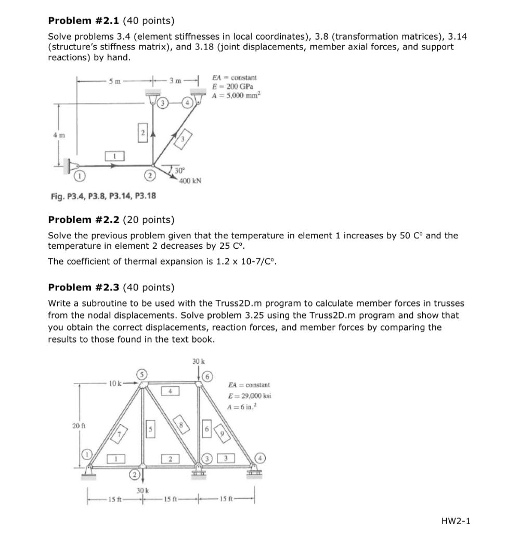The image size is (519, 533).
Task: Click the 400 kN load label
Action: (190, 181)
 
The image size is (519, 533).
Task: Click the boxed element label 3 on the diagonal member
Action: (185, 138)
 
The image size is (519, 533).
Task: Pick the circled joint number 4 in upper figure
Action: (186, 103)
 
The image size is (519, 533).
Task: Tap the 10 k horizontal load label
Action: (115, 384)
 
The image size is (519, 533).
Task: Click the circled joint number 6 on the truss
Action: (207, 377)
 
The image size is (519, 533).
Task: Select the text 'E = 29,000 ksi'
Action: (249, 396)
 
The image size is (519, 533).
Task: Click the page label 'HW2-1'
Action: (456, 521)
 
